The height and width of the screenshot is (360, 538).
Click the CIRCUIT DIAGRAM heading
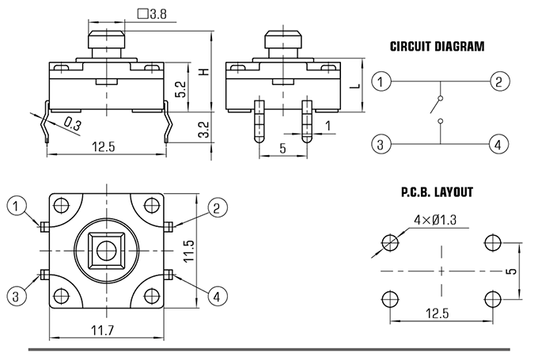pyautogui.click(x=437, y=47)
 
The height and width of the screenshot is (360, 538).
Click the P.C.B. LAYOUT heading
pyautogui.click(x=437, y=192)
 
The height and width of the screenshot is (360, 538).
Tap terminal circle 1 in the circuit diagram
pyautogui.click(x=381, y=81)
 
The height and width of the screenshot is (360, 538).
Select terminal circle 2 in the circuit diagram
pyautogui.click(x=499, y=81)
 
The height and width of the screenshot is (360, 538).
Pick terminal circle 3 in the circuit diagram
pyautogui.click(x=381, y=144)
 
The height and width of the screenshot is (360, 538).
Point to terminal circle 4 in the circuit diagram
pyautogui.click(x=498, y=144)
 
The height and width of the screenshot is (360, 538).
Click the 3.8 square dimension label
pyautogui.click(x=152, y=14)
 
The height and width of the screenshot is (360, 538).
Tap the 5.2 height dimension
pyautogui.click(x=180, y=89)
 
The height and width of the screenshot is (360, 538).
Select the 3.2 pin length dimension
pyautogui.click(x=204, y=130)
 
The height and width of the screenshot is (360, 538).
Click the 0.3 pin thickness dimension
pyautogui.click(x=73, y=124)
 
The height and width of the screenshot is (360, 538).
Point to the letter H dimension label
pyautogui.click(x=204, y=72)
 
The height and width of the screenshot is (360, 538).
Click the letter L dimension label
pyautogui.click(x=357, y=85)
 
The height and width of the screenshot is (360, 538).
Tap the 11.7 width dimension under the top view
pyautogui.click(x=102, y=330)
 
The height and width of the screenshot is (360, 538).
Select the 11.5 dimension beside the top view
pyautogui.click(x=189, y=251)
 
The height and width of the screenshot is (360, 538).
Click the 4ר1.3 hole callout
pyautogui.click(x=435, y=220)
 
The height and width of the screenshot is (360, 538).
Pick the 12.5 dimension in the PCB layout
pyautogui.click(x=437, y=313)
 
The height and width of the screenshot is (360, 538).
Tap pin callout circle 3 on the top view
pyautogui.click(x=16, y=296)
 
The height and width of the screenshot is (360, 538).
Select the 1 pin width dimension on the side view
pyautogui.click(x=328, y=126)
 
